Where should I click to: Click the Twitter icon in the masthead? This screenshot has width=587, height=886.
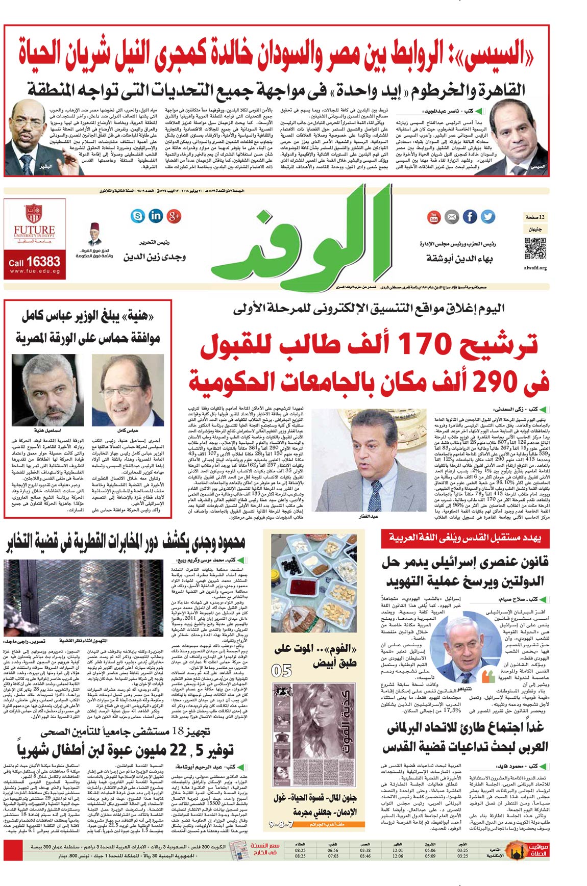point(488,217)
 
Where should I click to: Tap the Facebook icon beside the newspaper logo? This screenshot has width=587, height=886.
point(470,217)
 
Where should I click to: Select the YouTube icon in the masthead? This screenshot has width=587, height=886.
point(434,217)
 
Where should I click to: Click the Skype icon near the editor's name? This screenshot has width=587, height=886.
point(137,216)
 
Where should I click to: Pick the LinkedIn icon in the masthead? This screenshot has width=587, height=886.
point(156,216)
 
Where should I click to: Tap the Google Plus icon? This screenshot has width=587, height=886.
point(174,216)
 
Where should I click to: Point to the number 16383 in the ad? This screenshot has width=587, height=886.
point(43,262)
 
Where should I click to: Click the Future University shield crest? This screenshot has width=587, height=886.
point(33,213)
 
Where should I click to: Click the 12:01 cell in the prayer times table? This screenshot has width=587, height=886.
point(398,851)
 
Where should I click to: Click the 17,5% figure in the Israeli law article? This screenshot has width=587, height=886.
point(452,710)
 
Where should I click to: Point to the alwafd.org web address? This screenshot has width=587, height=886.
point(535,268)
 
